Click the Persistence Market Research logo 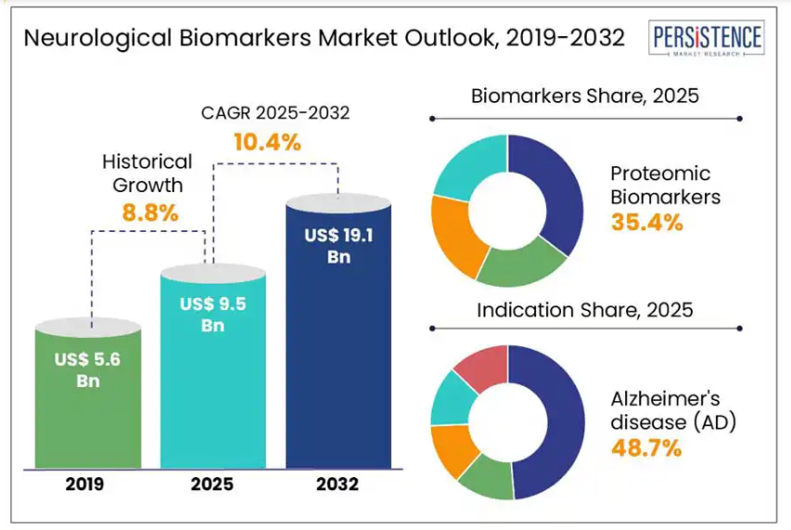tap(708, 40)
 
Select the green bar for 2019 tap(88, 408)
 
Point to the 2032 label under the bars tap(338, 484)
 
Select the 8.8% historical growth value tap(149, 213)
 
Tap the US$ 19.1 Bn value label tap(338, 246)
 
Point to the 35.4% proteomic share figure tap(646, 222)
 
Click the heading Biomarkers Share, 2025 tap(584, 97)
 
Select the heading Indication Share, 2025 tap(584, 310)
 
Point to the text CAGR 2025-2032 tap(275, 114)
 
